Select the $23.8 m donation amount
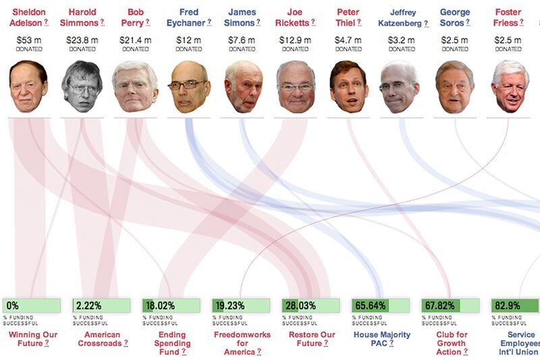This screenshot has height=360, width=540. pyautogui.click(x=82, y=40)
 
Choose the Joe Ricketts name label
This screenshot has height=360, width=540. pyautogui.click(x=295, y=17)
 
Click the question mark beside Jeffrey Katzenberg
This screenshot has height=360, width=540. pyautogui.click(x=427, y=24)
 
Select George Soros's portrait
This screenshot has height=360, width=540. pyautogui.click(x=454, y=88)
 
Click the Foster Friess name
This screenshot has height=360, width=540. pyautogui.click(x=508, y=17)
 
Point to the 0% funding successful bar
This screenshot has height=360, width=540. pyautogui.click(x=32, y=305)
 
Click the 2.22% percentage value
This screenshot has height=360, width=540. pyautogui.click(x=90, y=305)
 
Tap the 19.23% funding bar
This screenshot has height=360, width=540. pyautogui.click(x=242, y=305)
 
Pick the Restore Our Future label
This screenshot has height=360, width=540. pyautogui.click(x=311, y=340)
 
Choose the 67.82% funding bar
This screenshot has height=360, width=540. pyautogui.click(x=450, y=305)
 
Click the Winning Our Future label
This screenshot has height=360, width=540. pyautogui.click(x=32, y=340)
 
